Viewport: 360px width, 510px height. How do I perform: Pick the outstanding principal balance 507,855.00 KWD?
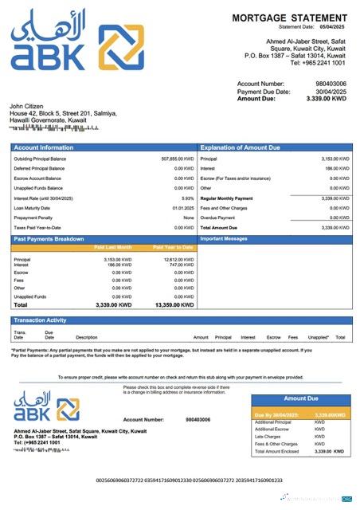(x=177, y=159)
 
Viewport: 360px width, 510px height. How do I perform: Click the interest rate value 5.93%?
(x=187, y=198)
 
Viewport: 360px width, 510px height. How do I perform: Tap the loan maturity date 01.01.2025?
(x=183, y=208)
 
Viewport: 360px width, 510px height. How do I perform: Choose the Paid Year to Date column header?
(x=173, y=248)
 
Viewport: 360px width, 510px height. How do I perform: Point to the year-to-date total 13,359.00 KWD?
(x=174, y=304)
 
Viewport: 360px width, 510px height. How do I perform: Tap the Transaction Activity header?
(x=42, y=320)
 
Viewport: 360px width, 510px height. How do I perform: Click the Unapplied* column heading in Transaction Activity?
(x=319, y=337)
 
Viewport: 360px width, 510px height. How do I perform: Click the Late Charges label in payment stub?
(x=267, y=437)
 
